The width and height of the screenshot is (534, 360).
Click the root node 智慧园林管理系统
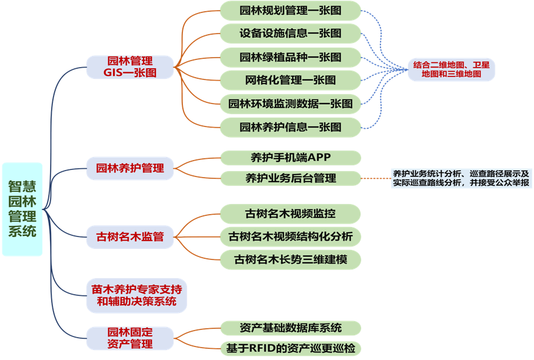click(22, 209)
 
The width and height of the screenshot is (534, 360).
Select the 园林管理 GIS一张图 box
click(130, 67)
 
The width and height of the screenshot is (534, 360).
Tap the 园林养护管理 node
click(130, 168)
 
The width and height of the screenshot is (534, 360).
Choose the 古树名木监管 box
click(130, 238)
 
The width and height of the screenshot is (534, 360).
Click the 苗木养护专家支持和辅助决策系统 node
click(136, 295)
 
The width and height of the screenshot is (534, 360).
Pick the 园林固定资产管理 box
click(130, 338)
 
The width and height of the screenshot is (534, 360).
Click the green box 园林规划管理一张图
click(291, 10)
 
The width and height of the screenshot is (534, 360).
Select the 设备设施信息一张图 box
click(291, 33)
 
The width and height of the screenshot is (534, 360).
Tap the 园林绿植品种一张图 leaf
click(291, 57)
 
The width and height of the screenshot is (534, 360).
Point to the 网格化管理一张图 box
click(291, 79)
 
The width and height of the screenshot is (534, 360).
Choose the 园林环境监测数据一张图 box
click(291, 104)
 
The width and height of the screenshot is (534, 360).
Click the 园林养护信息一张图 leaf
click(291, 126)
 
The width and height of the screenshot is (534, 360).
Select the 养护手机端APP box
click(291, 158)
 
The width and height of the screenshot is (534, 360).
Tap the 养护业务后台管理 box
click(291, 178)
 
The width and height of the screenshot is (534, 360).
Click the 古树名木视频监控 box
click(291, 213)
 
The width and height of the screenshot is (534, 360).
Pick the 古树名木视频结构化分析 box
click(291, 237)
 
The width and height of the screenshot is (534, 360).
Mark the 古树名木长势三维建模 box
click(291, 259)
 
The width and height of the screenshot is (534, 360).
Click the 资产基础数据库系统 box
click(291, 328)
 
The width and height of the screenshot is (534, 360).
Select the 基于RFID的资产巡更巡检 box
click(291, 348)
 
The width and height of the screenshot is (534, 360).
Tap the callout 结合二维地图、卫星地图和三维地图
click(451, 69)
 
